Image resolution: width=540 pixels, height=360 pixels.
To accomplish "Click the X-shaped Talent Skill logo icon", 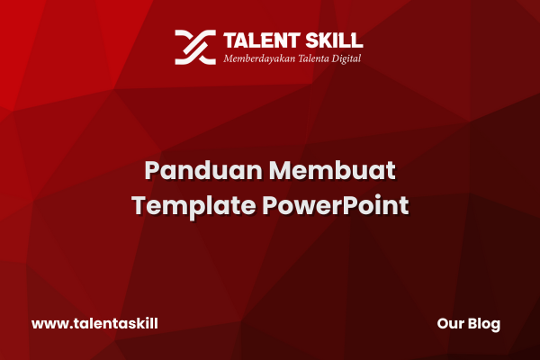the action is [x=195, y=47].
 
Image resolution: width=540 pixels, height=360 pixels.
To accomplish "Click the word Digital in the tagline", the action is [x=346, y=58].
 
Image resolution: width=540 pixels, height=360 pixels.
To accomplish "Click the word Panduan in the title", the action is [x=203, y=170].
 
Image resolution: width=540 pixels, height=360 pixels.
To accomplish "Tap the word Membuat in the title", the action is [x=332, y=170].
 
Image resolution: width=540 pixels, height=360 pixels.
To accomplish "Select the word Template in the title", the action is [x=193, y=207].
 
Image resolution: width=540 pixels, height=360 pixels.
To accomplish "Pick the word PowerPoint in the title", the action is [x=336, y=205].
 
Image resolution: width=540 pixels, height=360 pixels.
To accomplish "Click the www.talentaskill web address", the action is [x=94, y=324].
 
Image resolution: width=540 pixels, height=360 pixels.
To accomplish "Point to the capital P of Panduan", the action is [x=152, y=170].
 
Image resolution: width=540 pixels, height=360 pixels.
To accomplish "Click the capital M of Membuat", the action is [x=280, y=170].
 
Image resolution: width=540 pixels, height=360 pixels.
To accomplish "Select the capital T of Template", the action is [x=139, y=205].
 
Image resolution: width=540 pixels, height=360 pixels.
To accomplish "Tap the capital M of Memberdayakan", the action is [x=229, y=58].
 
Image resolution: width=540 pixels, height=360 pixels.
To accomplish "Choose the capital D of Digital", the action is [x=336, y=58].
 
